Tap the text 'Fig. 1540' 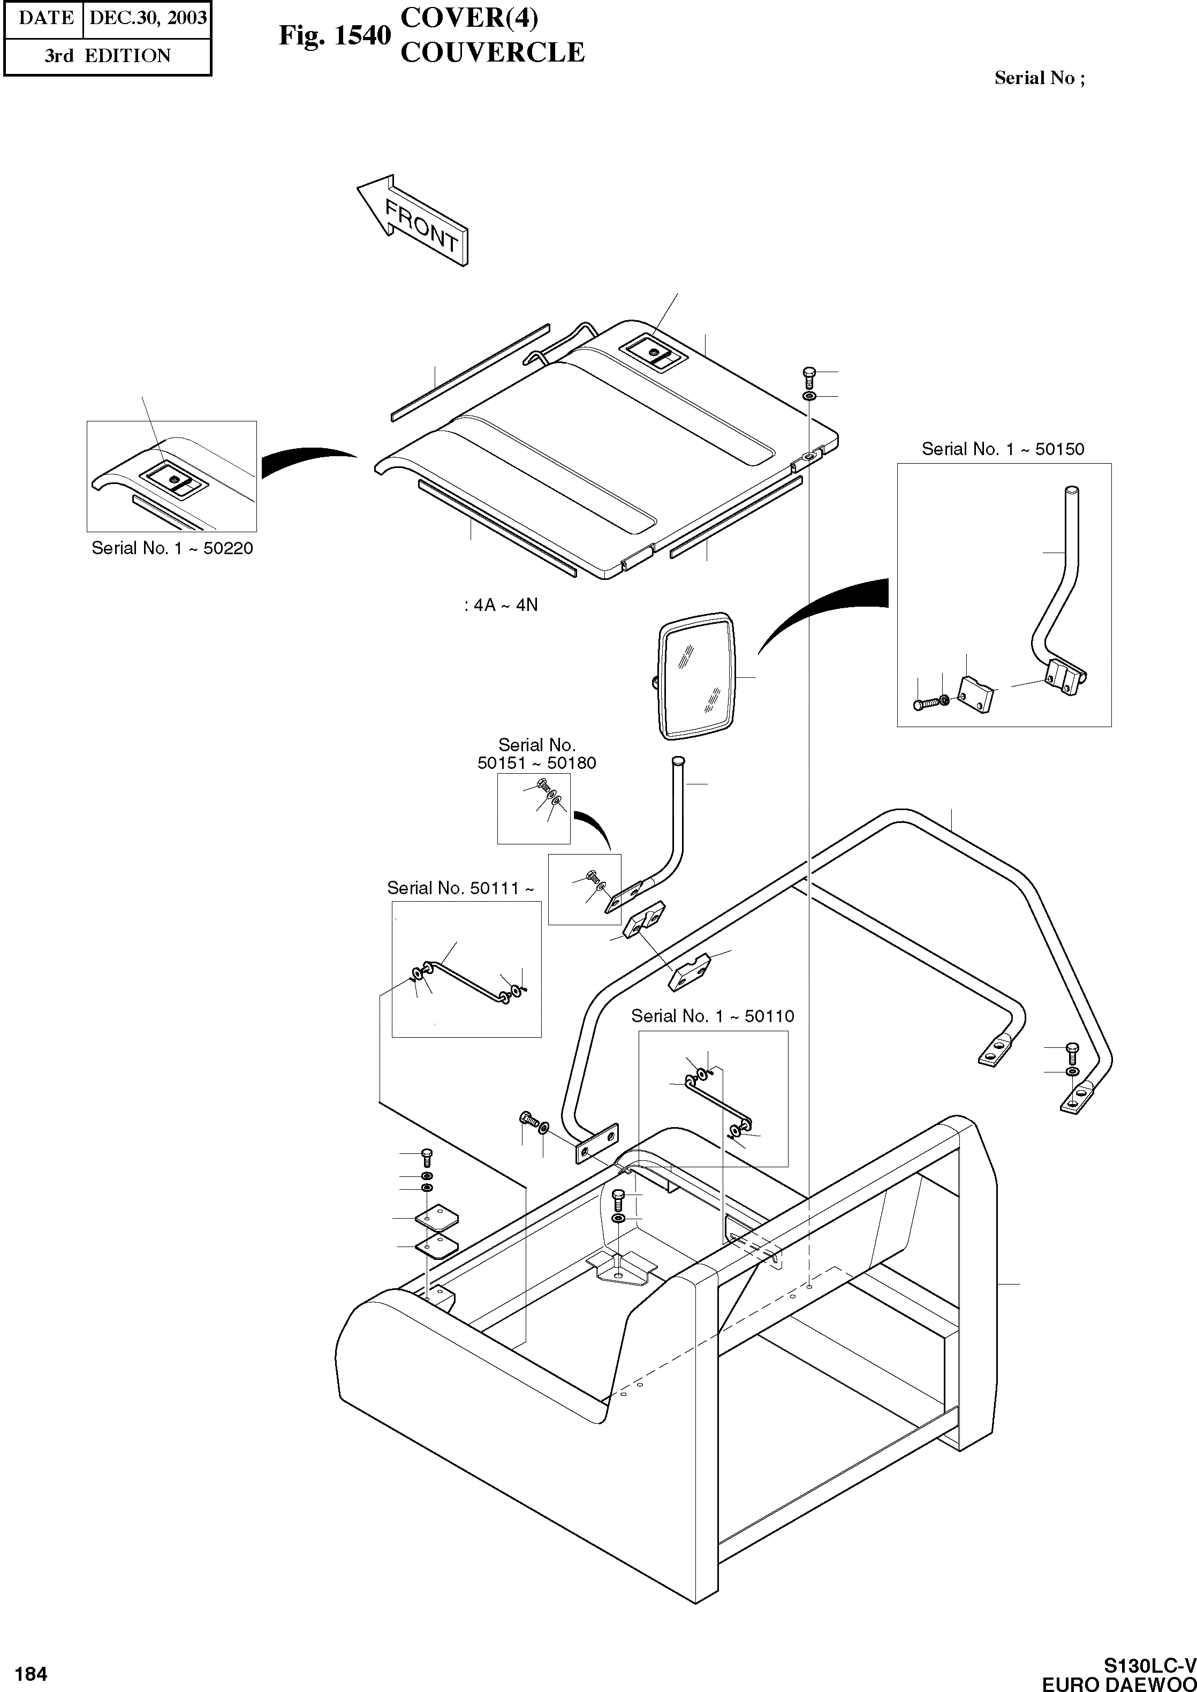pyautogui.click(x=334, y=35)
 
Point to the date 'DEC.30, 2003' pyautogui.click(x=147, y=18)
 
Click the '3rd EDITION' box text pyautogui.click(x=107, y=56)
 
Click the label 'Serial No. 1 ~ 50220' pyautogui.click(x=172, y=548)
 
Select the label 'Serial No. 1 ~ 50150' pyautogui.click(x=1003, y=449)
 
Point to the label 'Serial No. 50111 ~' pyautogui.click(x=461, y=888)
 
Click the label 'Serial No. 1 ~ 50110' pyautogui.click(x=712, y=1016)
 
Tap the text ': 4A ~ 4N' pyautogui.click(x=501, y=605)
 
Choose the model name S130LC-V pyautogui.click(x=1149, y=1665)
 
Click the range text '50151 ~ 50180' pyautogui.click(x=536, y=763)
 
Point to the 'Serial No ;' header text pyautogui.click(x=1039, y=78)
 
